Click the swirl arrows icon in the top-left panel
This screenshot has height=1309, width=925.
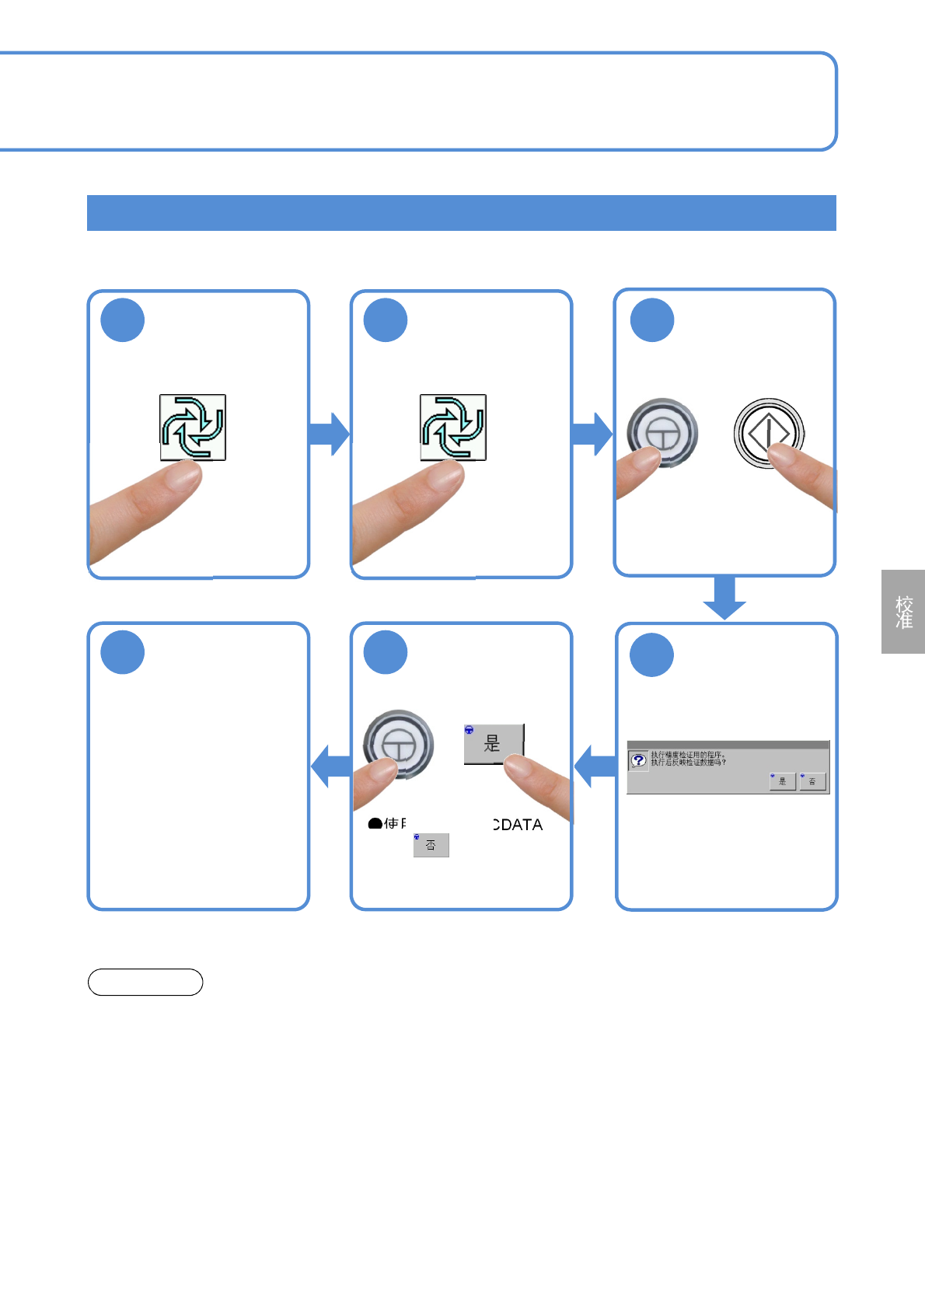click(193, 427)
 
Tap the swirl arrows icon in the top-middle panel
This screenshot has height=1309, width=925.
click(453, 427)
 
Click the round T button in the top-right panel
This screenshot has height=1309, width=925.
click(662, 432)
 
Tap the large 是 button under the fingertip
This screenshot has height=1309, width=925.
click(494, 743)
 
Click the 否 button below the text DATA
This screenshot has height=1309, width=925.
click(431, 845)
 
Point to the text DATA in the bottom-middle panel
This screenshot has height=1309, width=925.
click(519, 825)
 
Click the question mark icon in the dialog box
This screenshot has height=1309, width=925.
click(638, 760)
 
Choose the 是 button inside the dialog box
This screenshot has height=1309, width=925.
click(782, 780)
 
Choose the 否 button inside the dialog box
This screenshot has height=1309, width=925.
click(812, 780)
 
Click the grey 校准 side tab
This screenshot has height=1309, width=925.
click(903, 612)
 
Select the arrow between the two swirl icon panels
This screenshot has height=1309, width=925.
click(330, 433)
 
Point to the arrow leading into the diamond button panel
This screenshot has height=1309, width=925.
click(592, 433)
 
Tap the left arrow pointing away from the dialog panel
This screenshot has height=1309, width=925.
click(595, 766)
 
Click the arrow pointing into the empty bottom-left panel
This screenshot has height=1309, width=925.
click(331, 766)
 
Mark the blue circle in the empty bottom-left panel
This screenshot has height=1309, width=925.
click(123, 652)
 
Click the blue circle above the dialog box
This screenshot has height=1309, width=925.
click(651, 654)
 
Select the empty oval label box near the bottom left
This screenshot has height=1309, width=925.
click(145, 983)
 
